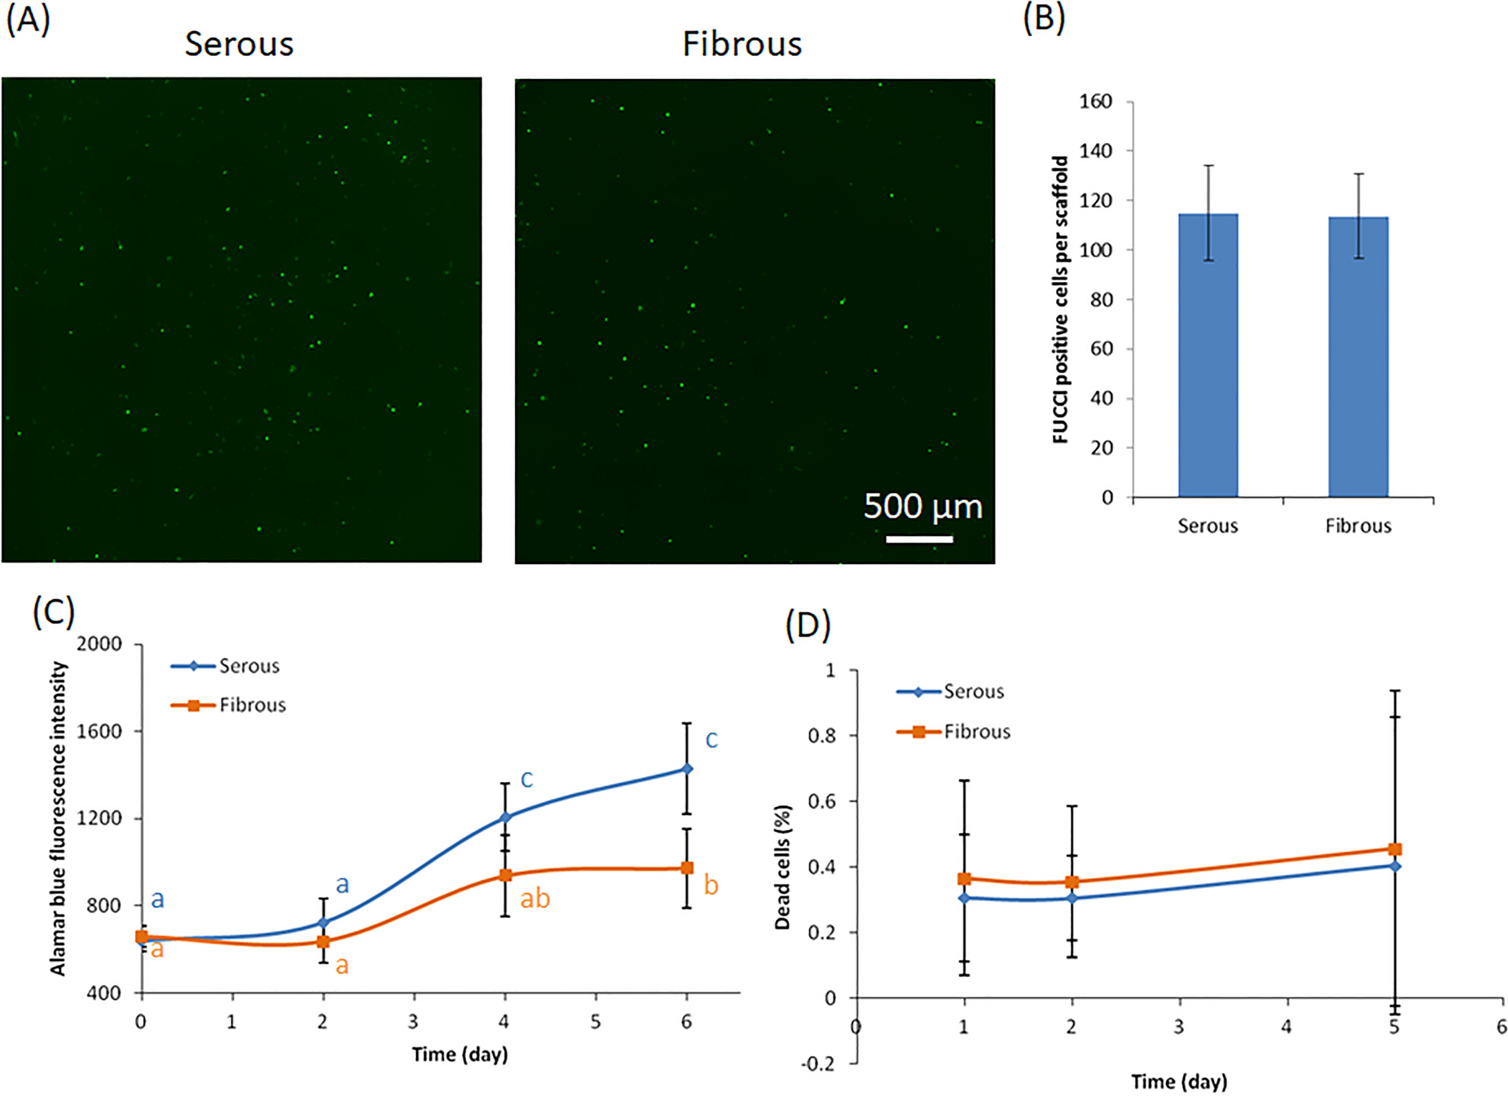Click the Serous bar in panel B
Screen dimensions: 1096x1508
[1208, 355]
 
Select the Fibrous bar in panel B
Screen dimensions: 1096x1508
[1358, 357]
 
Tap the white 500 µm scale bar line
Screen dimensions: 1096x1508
[919, 540]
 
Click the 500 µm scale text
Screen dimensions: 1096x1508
[923, 506]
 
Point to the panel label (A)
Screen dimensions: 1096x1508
[28, 19]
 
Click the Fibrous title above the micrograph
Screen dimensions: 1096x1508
[741, 44]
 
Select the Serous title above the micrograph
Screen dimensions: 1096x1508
[239, 44]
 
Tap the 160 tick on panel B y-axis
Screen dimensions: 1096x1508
[1095, 101]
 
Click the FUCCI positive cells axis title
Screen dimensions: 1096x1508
[1061, 300]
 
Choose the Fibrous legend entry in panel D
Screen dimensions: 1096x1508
[954, 732]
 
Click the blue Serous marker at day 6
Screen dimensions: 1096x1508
[687, 768]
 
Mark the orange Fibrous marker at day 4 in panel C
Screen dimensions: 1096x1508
[505, 875]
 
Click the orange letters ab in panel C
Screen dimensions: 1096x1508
[535, 899]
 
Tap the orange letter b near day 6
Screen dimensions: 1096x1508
[711, 885]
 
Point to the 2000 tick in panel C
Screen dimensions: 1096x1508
[99, 644]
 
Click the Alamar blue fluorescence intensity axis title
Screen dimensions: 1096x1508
[58, 819]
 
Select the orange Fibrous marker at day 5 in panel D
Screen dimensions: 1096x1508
[1395, 849]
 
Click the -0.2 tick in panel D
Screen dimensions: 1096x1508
[819, 1063]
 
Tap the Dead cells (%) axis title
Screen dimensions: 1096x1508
[783, 867]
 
